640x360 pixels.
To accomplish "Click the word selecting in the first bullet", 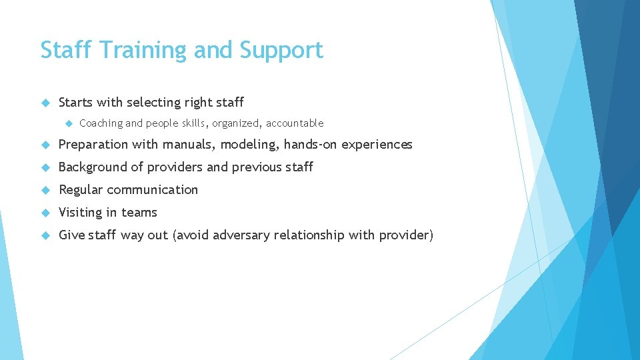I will pyautogui.click(x=153, y=103).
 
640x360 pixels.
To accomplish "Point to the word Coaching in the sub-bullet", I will pyautogui.click(x=101, y=123).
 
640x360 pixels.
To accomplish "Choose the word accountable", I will pyautogui.click(x=295, y=123).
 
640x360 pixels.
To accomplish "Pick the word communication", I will pyautogui.click(x=153, y=190).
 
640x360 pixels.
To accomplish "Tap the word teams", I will pyautogui.click(x=139, y=213).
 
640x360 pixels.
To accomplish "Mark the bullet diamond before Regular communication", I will pyautogui.click(x=45, y=190).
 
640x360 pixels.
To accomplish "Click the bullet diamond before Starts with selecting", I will pyautogui.click(x=45, y=103).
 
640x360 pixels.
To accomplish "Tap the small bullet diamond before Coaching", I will pyautogui.click(x=67, y=123).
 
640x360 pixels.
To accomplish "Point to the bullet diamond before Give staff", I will pyautogui.click(x=45, y=235).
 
